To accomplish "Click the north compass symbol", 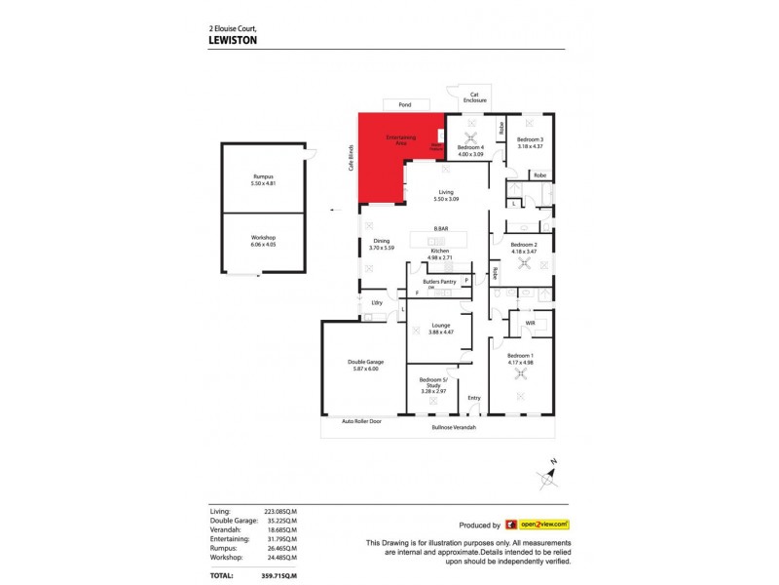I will click(x=548, y=475).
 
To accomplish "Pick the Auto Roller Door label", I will click(x=361, y=421).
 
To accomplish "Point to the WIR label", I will click(x=530, y=321).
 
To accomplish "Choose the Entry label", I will click(x=474, y=398).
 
